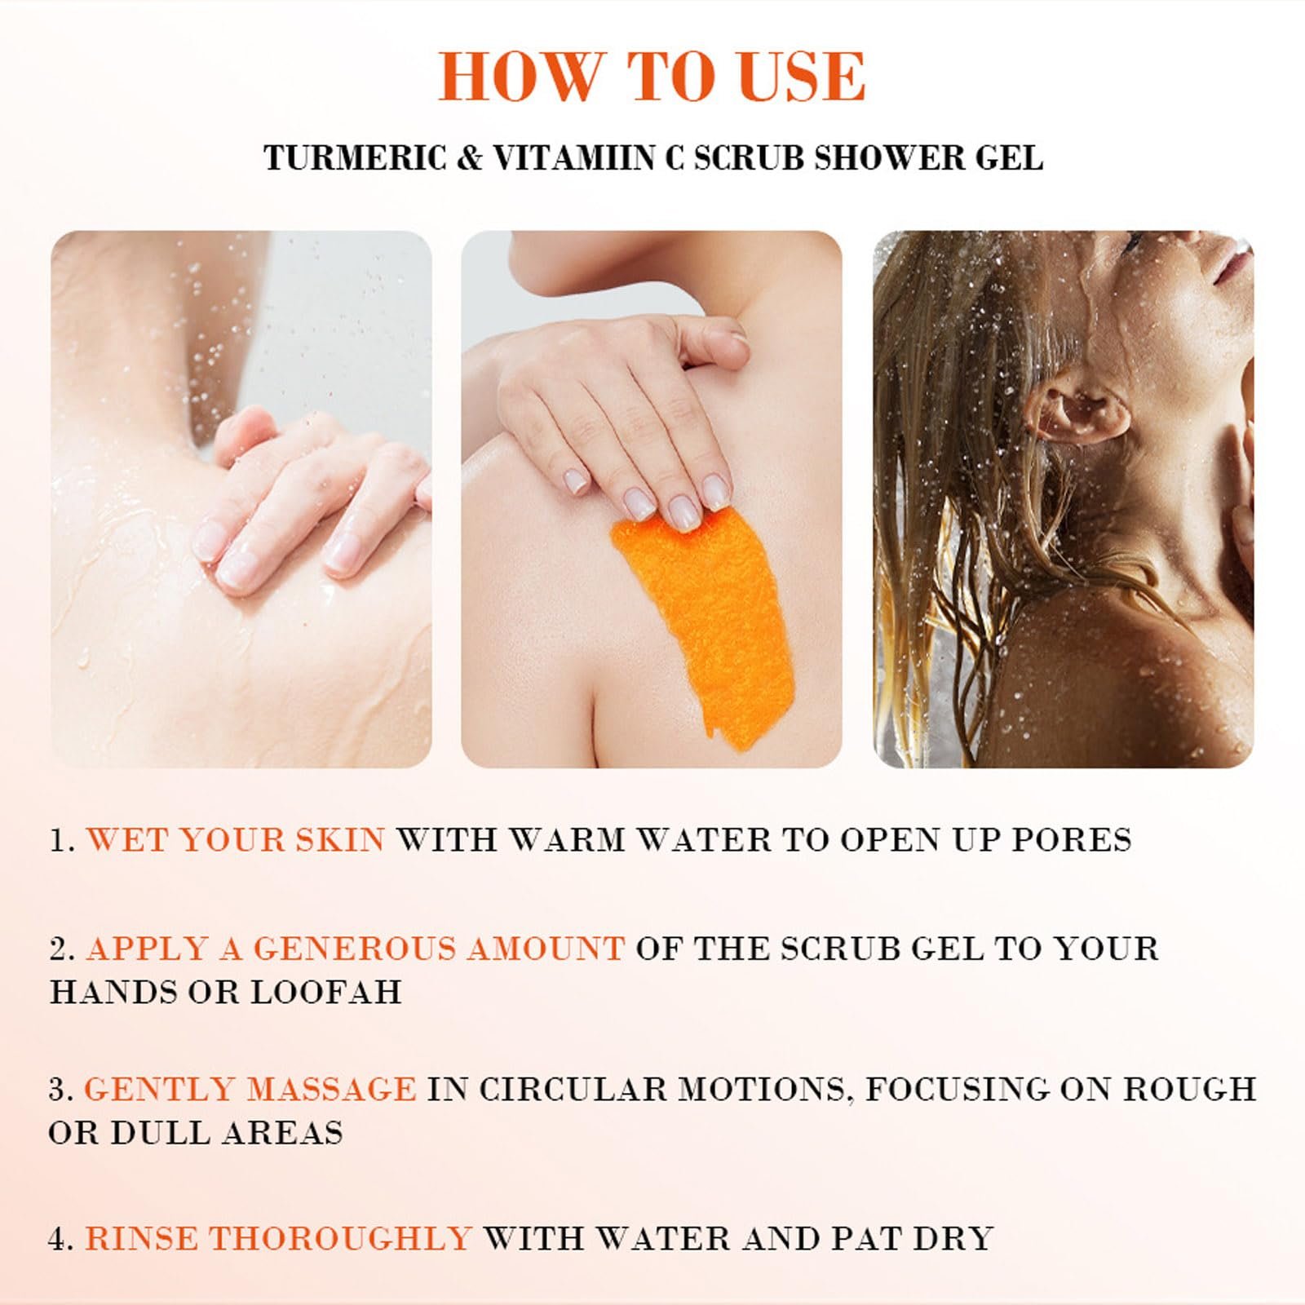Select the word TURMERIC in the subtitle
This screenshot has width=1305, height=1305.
(355, 157)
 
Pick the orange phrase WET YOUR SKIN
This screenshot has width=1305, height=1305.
(236, 840)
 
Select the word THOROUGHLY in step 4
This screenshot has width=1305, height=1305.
(342, 1238)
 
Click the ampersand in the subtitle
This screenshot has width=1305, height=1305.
(469, 157)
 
